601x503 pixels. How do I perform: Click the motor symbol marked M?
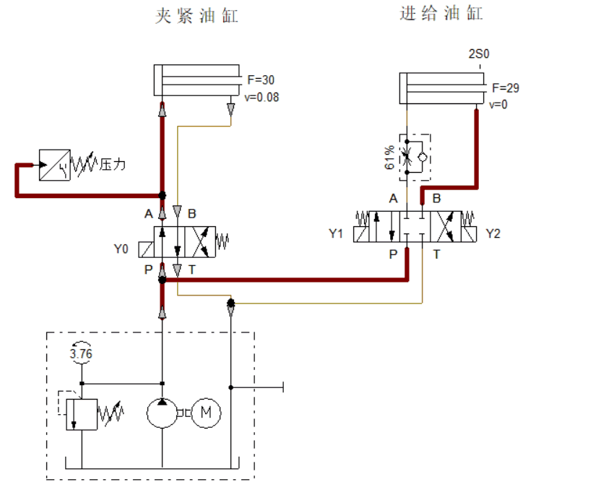206,413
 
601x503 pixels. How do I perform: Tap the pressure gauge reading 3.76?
81,353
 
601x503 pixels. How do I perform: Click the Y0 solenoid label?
121,249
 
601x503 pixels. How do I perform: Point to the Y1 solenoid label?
336,233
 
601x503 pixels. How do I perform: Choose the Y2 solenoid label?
493,233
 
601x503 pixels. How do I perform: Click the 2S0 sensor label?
479,53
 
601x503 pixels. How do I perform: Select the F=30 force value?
261,79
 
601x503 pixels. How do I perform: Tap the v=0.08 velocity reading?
261,98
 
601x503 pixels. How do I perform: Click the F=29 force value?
506,87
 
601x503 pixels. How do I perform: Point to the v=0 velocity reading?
498,104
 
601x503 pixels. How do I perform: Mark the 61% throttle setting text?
389,158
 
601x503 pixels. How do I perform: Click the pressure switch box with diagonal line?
55,165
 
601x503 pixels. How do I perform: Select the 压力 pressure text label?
113,165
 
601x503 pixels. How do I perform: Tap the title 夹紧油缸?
196,16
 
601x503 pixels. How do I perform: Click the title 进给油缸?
441,14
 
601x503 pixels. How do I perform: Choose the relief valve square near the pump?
82,414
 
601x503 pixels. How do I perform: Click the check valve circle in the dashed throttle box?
423,158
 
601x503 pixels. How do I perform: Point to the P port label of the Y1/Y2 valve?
393,254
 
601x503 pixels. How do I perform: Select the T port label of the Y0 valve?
192,270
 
